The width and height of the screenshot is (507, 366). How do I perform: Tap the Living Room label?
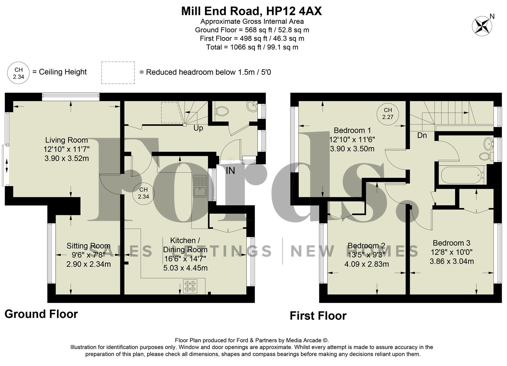pyautogui.click(x=66, y=140)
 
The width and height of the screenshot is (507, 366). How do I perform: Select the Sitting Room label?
pyautogui.click(x=88, y=246)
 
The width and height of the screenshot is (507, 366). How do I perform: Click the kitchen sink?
pyautogui.click(x=200, y=186)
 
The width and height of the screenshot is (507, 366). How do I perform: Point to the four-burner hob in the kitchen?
pyautogui.click(x=190, y=286)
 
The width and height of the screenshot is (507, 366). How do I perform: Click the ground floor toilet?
pyautogui.click(x=222, y=111)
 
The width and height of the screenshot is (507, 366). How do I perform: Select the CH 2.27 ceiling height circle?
pyautogui.click(x=388, y=114)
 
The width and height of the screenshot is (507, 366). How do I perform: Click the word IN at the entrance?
pyautogui.click(x=230, y=171)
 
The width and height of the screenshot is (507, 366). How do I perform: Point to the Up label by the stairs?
pyautogui.click(x=198, y=128)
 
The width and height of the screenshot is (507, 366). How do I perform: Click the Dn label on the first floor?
pyautogui.click(x=422, y=136)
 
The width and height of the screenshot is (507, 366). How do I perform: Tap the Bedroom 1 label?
pyautogui.click(x=352, y=130)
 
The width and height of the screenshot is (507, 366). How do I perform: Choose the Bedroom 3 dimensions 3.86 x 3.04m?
pyautogui.click(x=451, y=261)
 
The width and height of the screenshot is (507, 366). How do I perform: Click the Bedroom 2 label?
pyautogui.click(x=366, y=246)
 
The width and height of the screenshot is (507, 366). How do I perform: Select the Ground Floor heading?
pyautogui.click(x=41, y=314)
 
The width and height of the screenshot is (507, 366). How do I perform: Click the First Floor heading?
pyautogui.click(x=318, y=316)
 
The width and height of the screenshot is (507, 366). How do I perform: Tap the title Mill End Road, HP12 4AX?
pyautogui.click(x=251, y=11)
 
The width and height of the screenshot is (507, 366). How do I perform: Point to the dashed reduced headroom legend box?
pyautogui.click(x=118, y=73)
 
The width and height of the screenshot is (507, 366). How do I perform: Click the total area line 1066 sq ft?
pyautogui.click(x=252, y=47)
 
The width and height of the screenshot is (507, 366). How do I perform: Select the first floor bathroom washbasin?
pyautogui.click(x=488, y=143)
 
